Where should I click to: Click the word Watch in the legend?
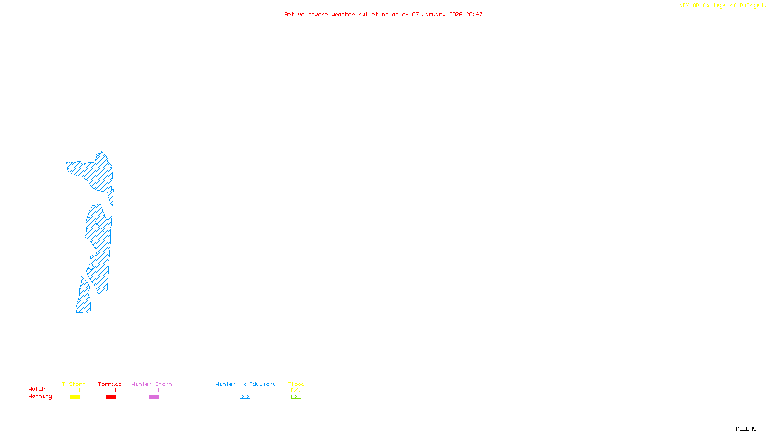point(37,389)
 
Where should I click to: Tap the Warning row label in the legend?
point(40,396)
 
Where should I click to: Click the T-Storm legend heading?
point(74,384)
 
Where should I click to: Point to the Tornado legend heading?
point(110,384)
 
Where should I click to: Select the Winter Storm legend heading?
point(152,384)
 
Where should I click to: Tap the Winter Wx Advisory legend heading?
point(246,384)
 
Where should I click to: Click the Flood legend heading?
point(296,384)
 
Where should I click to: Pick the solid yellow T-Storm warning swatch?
point(74,397)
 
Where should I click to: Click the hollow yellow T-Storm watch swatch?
point(74,390)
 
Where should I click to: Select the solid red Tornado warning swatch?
point(110,397)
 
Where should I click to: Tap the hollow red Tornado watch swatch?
point(110,390)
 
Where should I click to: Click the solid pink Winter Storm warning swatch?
point(154,397)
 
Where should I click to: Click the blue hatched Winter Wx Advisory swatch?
point(245,397)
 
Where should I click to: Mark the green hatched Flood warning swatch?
point(296,397)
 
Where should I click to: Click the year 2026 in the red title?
point(456,14)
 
